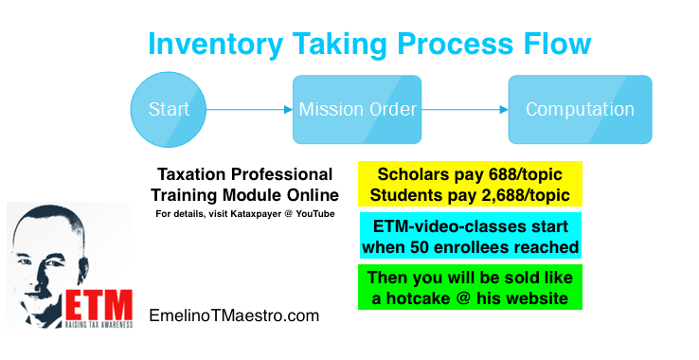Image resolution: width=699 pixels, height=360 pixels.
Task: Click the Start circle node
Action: [x=170, y=109]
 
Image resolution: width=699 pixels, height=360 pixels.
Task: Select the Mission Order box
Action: [x=357, y=109]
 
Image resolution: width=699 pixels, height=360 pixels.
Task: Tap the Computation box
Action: [x=580, y=109]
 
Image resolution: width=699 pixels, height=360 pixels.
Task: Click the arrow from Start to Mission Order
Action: [x=245, y=109]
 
